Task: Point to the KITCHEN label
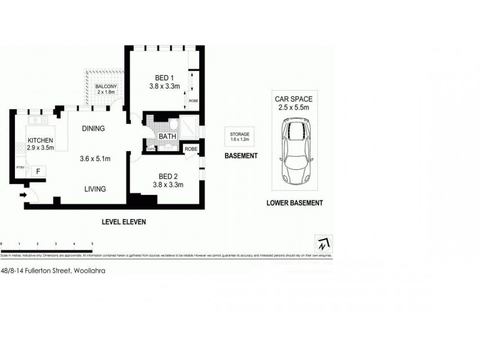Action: [x=41, y=140]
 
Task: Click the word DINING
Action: [x=93, y=128]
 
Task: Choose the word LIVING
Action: [x=95, y=188]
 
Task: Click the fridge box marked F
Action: [x=38, y=172]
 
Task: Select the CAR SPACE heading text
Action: [x=293, y=98]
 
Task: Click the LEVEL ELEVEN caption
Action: [x=123, y=221]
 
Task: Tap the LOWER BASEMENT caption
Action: [x=295, y=203]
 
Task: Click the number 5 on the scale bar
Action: [x=92, y=244]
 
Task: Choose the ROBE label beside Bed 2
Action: [x=191, y=148]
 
